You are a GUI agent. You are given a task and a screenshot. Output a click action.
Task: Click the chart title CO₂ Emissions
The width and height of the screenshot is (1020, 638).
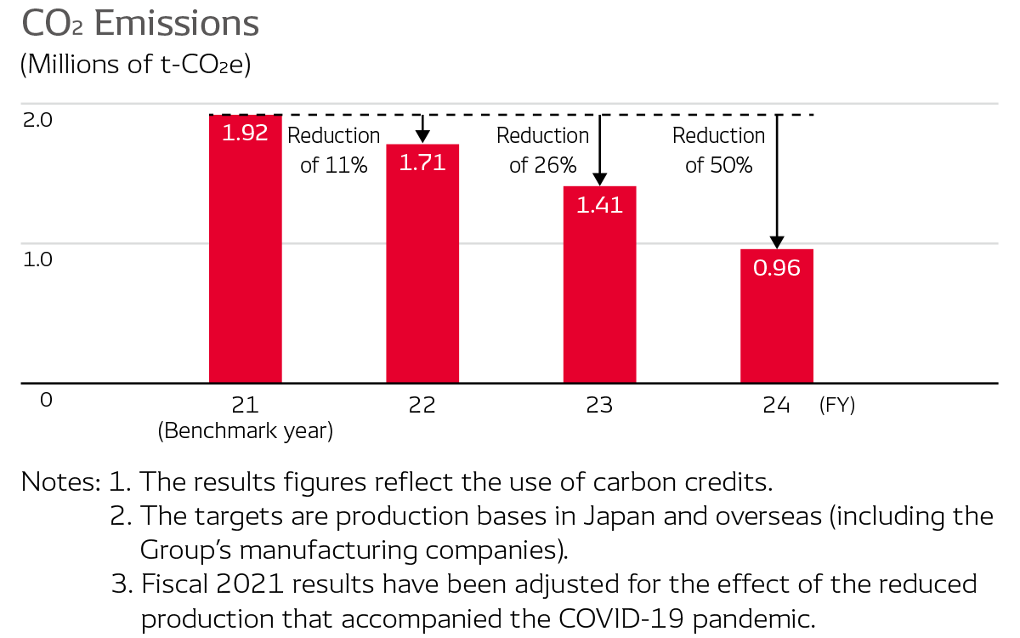coord(140,24)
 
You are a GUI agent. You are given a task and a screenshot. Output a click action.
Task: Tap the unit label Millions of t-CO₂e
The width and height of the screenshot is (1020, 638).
coord(135,66)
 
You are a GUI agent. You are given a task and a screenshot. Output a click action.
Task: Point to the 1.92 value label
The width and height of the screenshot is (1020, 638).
coord(245,133)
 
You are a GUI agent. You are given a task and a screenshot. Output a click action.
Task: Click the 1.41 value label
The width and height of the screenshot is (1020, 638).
coord(599,205)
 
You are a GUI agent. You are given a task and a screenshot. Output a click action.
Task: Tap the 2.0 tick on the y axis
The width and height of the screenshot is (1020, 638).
coord(38,120)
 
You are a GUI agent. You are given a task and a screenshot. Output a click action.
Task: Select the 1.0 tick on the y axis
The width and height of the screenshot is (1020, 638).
coord(38,259)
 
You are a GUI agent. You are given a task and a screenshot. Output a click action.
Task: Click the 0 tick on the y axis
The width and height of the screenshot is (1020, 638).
coord(46,399)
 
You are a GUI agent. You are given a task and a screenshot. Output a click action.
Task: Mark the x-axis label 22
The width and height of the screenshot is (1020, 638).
coord(422,406)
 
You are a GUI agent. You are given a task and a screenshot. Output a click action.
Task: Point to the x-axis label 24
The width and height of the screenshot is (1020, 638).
coord(776,406)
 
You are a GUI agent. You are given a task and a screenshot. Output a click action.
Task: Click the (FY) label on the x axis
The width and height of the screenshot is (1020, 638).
coord(836,406)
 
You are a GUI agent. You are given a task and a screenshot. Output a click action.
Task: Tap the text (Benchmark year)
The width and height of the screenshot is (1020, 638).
coord(245,431)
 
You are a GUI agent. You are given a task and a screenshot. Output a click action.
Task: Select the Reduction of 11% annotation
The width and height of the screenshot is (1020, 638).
coord(334,151)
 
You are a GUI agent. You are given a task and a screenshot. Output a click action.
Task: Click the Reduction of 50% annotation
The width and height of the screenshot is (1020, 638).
coord(719,151)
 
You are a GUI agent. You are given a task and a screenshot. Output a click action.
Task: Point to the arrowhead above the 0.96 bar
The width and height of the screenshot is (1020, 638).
coord(776,242)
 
